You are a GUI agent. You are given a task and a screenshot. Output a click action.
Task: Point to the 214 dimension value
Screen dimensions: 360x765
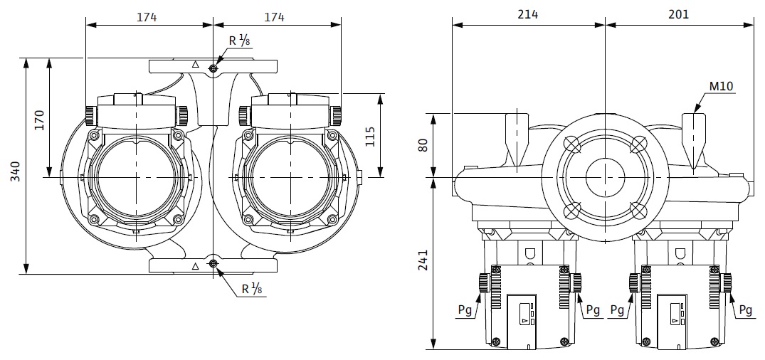click(x=528, y=15)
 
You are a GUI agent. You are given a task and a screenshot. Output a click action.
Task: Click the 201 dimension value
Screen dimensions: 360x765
click(x=679, y=15)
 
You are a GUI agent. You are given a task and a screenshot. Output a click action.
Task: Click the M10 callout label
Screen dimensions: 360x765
click(x=721, y=87)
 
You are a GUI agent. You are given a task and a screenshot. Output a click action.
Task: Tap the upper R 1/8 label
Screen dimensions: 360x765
click(x=239, y=41)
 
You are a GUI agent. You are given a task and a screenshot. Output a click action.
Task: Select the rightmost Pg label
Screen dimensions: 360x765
click(x=745, y=310)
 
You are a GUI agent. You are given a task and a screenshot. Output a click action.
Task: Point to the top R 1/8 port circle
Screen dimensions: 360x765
click(x=213, y=68)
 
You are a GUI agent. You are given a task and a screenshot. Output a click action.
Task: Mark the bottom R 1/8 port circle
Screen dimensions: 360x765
click(x=213, y=265)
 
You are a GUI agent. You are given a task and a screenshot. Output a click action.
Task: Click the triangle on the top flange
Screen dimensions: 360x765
click(x=194, y=65)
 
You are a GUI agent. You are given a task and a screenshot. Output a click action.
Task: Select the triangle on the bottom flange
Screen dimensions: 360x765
click(x=195, y=266)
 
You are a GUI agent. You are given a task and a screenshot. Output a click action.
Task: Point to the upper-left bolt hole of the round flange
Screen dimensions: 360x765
click(x=572, y=144)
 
